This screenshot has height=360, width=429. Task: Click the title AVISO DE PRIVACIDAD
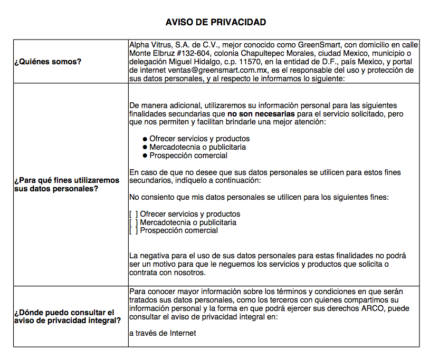[215, 22]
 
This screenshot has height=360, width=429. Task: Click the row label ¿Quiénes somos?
[48, 62]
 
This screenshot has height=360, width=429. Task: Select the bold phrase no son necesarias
[260, 113]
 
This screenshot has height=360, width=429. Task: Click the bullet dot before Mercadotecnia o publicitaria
[145, 148]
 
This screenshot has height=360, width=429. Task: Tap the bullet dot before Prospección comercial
[145, 156]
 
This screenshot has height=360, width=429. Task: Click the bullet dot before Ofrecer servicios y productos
[145, 139]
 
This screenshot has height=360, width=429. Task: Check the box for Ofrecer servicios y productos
[134, 214]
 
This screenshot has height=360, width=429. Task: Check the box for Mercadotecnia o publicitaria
[134, 222]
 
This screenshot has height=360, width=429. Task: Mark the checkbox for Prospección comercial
[134, 231]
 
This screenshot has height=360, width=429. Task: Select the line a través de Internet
[163, 333]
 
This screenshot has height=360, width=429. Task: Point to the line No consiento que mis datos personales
[259, 198]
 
